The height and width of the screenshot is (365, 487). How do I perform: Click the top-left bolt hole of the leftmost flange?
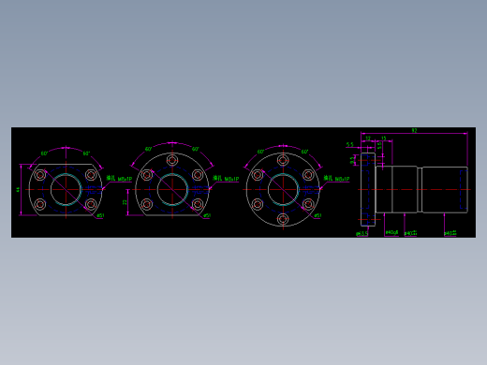tap(40, 175)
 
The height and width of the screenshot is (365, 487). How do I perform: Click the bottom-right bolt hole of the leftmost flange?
tap(91, 203)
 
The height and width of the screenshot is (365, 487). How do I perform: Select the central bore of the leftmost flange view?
tap(66, 189)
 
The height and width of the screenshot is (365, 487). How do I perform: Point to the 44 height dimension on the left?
tap(18, 189)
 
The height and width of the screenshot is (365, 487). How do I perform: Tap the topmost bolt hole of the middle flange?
tap(172, 161)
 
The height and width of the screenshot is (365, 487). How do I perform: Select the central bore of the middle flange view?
tap(172, 189)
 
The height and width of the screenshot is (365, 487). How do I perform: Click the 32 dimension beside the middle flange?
tap(125, 200)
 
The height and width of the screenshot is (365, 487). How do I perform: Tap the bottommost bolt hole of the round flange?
tap(283, 218)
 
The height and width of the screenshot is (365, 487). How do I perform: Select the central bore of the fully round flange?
tap(283, 189)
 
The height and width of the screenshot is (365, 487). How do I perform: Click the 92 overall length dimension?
tap(413, 130)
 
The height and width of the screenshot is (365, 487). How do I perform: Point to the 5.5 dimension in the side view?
tap(350, 145)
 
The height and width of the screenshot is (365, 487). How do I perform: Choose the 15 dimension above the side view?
tap(383, 139)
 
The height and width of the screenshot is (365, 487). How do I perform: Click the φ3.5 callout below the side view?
tap(362, 233)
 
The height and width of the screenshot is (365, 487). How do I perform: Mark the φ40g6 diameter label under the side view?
tap(391, 233)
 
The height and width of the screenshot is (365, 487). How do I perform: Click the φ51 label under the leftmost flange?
tap(100, 215)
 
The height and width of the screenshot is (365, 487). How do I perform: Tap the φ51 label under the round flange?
tap(317, 215)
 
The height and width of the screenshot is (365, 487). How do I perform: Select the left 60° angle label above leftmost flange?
tap(44, 153)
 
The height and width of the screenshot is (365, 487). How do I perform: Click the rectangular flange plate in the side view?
tap(368, 189)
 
